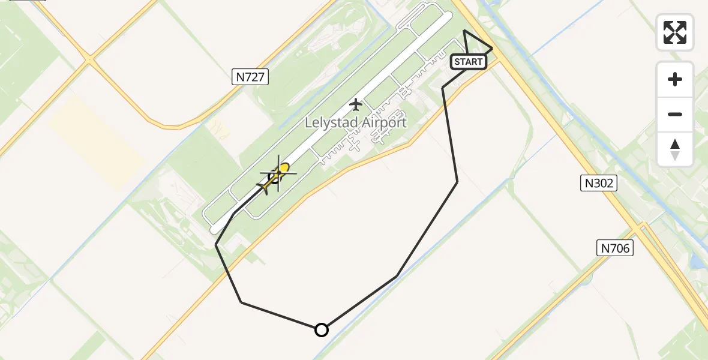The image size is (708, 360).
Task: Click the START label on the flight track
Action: (468, 62)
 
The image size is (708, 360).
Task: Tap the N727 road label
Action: (250, 76)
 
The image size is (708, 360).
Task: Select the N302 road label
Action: (598, 183)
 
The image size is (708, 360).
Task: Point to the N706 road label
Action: (615, 247)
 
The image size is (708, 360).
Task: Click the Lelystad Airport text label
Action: (356, 122)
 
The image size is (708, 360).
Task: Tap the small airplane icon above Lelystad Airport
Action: (356, 104)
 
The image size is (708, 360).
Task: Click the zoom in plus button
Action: (675, 79)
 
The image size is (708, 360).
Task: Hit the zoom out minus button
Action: (675, 114)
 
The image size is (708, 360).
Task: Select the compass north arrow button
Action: (675, 149)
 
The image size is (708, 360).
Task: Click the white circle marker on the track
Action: (322, 329)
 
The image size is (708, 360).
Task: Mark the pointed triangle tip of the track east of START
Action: (492, 48)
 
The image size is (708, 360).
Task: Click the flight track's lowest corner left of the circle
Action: (241, 302)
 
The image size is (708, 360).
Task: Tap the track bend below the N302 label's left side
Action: (457, 181)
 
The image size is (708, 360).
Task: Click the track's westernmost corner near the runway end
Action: (216, 244)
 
